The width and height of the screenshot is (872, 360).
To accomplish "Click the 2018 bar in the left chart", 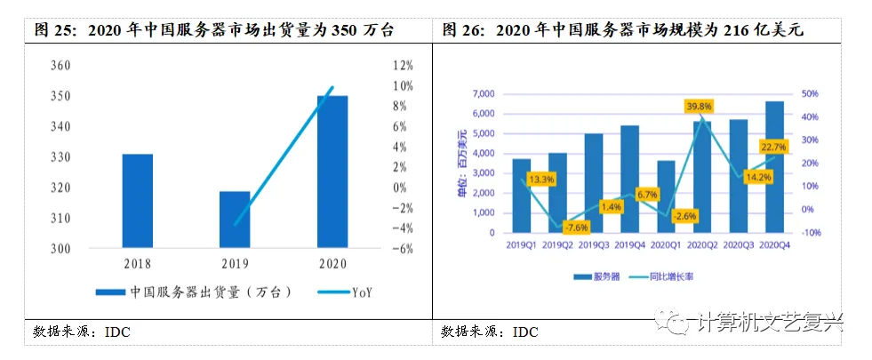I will click(137, 201).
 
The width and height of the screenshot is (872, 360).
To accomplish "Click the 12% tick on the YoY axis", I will click(402, 66).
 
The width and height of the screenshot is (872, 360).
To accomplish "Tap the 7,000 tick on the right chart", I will click(483, 94).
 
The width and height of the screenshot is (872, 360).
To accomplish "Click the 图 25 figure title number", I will click(52, 30).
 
